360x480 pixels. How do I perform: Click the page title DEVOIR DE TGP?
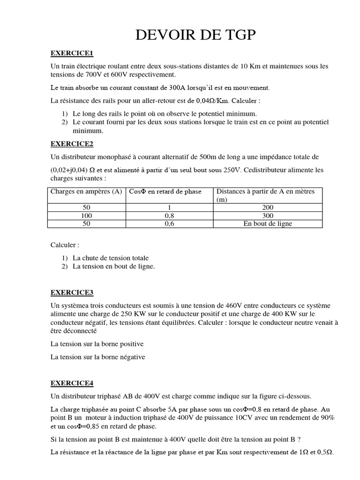[196, 36]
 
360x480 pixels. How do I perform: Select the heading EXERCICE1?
[72, 53]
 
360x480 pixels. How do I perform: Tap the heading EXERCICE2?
[72, 144]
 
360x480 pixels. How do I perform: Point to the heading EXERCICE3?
[72, 292]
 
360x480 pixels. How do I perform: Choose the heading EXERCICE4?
[72, 383]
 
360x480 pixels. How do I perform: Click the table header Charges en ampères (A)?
[86, 191]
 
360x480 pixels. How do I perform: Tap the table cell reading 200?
[268, 208]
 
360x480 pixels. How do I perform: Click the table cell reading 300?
[268, 216]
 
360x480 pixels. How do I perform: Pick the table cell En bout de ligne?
[268, 224]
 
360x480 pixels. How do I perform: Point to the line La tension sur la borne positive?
[97, 344]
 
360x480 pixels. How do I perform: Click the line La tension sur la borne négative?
[98, 357]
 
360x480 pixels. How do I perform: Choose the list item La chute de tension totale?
[111, 258]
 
